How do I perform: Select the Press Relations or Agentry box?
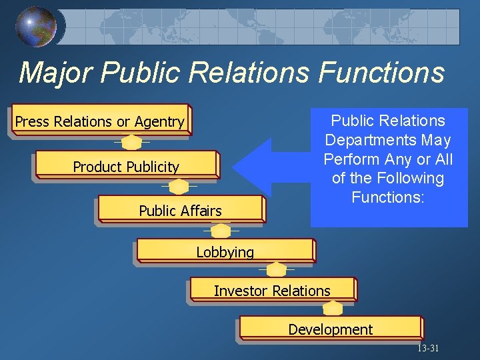tap(99, 121)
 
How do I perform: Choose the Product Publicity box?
tap(127, 166)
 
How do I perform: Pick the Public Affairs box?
tap(181, 210)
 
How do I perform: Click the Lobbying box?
tap(225, 252)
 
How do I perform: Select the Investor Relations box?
tap(272, 291)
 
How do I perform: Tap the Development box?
tap(330, 329)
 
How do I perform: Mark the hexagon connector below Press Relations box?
tap(132, 142)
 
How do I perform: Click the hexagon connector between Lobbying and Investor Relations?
tap(275, 269)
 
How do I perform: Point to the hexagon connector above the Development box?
tap(332, 308)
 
